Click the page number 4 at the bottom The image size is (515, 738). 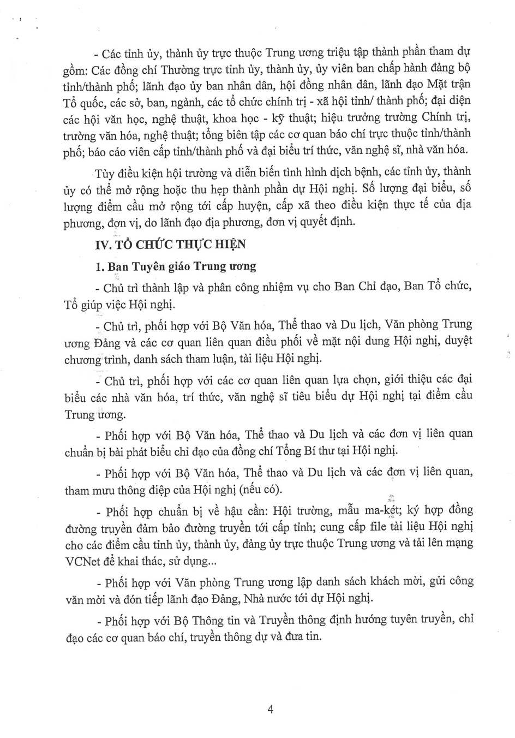[x=270, y=709]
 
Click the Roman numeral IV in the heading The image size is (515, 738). [x=103, y=245]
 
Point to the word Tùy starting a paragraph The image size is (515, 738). [x=105, y=174]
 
